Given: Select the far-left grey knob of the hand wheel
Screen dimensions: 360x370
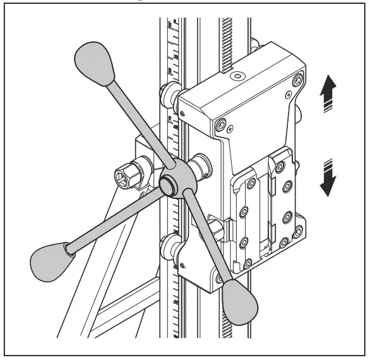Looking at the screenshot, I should click(49, 258).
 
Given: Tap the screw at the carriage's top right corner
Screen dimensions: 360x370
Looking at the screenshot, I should click(297, 80).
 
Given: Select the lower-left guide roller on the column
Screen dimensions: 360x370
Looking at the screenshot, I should click(170, 248).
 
